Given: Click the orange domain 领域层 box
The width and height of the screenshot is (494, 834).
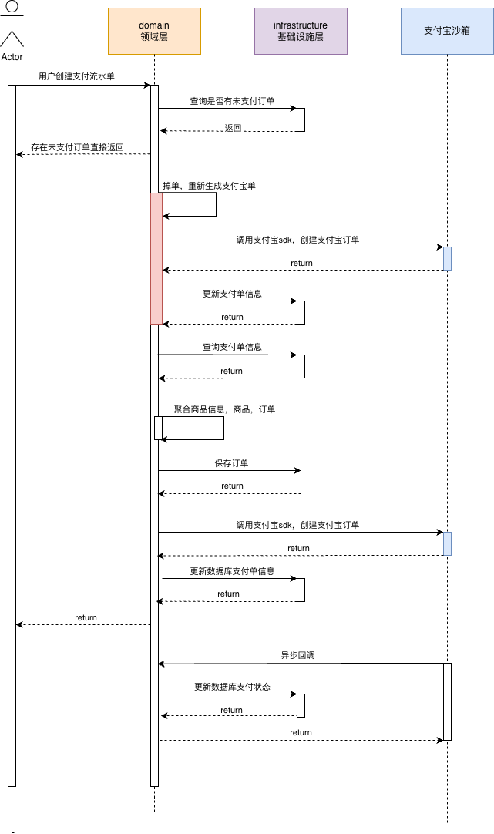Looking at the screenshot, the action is tap(154, 31).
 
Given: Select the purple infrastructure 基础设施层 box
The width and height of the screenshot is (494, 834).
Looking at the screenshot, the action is tap(301, 31).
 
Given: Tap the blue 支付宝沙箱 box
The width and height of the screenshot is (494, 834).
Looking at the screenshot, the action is tap(447, 31).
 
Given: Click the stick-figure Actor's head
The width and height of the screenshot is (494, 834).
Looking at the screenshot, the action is tap(12, 7).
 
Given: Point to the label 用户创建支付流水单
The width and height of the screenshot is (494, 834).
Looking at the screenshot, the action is tap(76, 76).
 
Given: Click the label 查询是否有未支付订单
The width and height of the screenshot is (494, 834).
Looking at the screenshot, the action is tap(233, 100).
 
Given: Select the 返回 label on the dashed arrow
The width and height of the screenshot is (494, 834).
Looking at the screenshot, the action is tap(233, 128).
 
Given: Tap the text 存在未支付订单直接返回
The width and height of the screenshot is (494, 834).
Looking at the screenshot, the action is tap(78, 147).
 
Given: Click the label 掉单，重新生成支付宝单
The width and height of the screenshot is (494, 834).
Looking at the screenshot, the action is tap(209, 186).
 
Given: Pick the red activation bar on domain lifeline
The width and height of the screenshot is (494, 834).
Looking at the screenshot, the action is tap(156, 258).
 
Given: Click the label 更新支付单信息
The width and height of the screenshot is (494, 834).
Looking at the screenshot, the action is tap(233, 294).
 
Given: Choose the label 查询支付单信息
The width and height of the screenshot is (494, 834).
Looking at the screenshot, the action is tap(233, 347).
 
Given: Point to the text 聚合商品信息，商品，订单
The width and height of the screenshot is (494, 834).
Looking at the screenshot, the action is tap(224, 409).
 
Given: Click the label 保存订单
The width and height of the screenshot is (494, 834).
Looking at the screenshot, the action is tap(231, 463).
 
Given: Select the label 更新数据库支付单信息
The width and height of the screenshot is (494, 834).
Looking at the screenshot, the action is tap(233, 571).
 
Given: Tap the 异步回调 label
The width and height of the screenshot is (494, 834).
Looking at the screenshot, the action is tap(297, 655).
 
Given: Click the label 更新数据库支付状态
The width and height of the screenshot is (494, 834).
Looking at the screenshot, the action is tap(233, 687).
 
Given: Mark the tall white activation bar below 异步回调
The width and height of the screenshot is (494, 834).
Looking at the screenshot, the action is tap(447, 701).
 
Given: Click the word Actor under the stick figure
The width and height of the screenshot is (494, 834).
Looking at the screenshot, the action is tap(12, 56).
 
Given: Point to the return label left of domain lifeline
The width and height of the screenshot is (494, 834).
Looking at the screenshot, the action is tap(86, 617).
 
